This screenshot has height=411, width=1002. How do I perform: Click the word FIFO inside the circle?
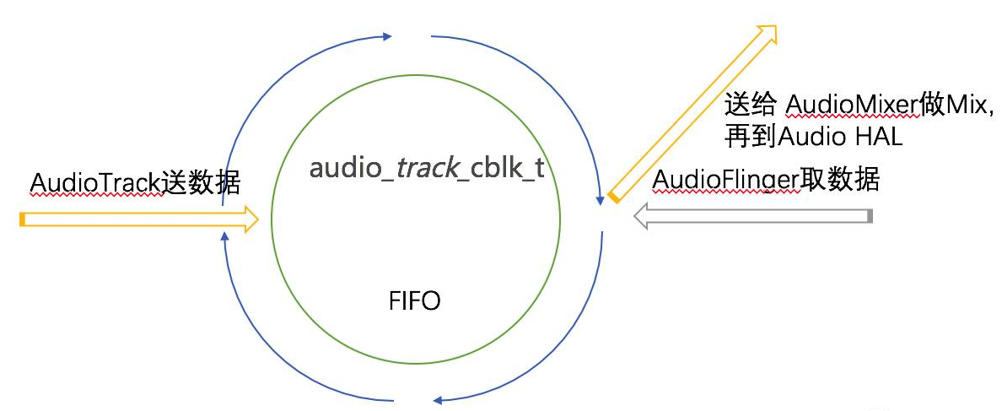pos(415,300)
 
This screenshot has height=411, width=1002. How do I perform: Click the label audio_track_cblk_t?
pos(427,168)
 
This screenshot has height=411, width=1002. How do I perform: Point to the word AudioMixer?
pos(853,104)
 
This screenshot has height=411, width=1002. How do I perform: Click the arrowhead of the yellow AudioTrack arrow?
pos(250,219)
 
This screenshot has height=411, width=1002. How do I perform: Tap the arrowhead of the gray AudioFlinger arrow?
pos(642,216)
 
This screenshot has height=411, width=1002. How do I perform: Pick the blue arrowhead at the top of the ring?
pos(386,36)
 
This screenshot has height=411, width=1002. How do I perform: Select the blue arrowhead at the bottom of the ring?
pos(438,400)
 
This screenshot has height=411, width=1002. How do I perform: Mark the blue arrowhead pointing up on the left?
pos(224,237)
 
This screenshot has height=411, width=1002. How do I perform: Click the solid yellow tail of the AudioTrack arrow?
pos(23,220)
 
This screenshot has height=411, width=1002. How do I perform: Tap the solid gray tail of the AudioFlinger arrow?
pos(870,216)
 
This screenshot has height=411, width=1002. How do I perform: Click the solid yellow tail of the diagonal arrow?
pos(614,197)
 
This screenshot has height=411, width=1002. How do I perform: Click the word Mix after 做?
pos(963,104)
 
